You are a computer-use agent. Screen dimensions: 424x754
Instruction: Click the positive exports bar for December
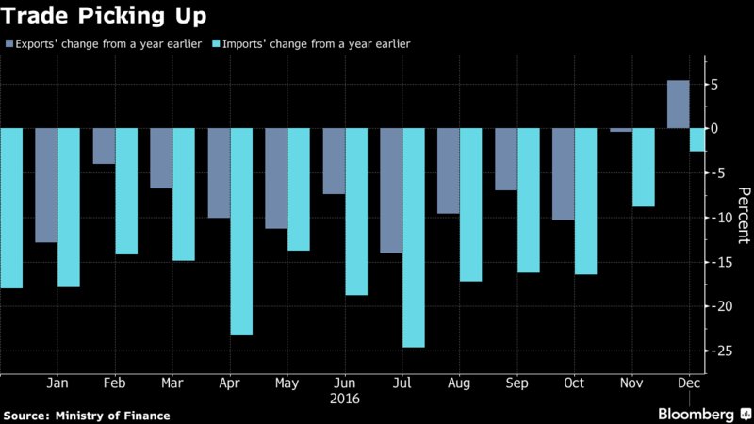click(677, 105)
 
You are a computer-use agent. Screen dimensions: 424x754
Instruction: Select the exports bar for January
click(46, 186)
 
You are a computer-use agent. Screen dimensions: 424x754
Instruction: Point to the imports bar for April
click(241, 232)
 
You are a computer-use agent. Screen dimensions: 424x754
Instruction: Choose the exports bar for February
click(104, 146)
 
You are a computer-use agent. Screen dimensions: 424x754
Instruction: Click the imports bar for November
click(643, 168)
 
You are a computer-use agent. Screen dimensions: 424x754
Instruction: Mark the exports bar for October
click(563, 174)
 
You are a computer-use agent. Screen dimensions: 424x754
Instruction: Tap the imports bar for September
click(528, 201)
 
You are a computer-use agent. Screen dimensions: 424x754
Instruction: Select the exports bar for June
click(334, 161)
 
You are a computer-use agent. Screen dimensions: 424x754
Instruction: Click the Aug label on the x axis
click(460, 383)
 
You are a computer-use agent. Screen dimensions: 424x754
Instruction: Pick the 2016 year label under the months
click(345, 399)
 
